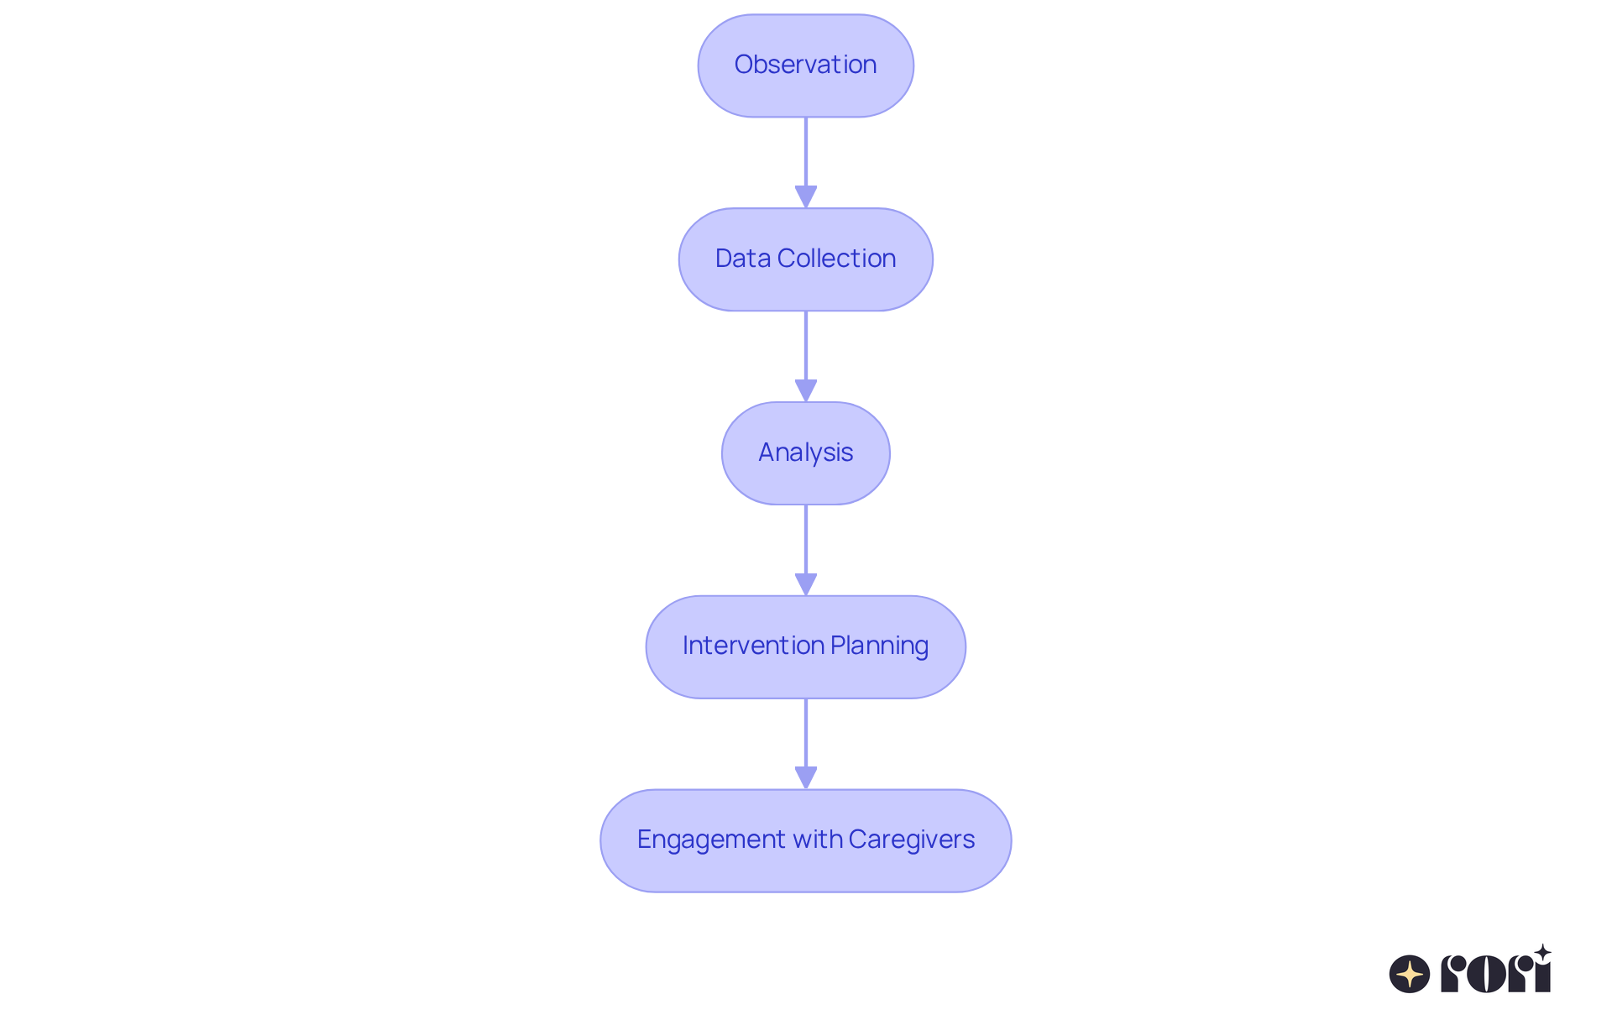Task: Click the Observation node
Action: [x=805, y=65]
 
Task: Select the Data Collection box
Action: [x=805, y=259]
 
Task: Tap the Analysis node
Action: [x=805, y=453]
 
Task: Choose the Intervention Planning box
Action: [x=805, y=646]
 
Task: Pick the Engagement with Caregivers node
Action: [x=805, y=840]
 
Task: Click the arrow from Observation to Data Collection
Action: [x=806, y=160]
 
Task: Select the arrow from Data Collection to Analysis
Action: [x=806, y=353]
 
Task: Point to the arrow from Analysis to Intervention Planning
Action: [x=806, y=547]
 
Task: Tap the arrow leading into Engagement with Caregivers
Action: [x=806, y=740]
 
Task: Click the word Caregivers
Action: [x=911, y=840]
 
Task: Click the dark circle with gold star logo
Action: [x=1410, y=974]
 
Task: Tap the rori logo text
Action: [x=1495, y=974]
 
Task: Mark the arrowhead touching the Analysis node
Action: [x=806, y=391]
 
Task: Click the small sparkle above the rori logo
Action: [x=1542, y=952]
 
